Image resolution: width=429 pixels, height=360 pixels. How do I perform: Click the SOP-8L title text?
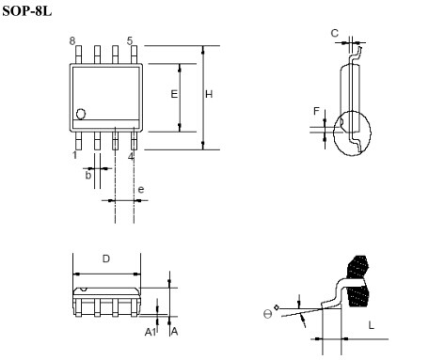point(27,11)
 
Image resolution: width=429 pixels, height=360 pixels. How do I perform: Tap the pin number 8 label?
point(72,41)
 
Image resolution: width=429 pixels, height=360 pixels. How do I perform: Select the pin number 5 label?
point(130,40)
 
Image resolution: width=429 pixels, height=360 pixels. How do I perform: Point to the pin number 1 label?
point(74,155)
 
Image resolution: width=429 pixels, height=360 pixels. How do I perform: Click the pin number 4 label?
point(131,156)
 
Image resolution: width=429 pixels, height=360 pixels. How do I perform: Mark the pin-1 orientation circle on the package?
point(81,114)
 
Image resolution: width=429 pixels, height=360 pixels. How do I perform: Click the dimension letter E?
point(174,94)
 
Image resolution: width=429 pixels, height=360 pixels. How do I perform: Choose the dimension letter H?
point(209,94)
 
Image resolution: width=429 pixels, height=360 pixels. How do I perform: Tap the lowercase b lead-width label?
point(88,175)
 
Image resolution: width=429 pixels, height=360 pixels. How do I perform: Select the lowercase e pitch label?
point(141,189)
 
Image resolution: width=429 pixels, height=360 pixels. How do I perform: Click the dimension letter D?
point(106,258)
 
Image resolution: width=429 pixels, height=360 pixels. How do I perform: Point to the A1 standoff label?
point(151,332)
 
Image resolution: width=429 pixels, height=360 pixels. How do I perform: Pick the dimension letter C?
point(335,33)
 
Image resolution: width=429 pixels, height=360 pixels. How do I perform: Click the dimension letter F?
point(316,111)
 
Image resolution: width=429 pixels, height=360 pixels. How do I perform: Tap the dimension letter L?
point(372,325)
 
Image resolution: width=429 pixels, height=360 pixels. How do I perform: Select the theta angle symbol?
point(267,314)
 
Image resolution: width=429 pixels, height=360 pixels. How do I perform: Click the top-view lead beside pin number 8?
point(78,55)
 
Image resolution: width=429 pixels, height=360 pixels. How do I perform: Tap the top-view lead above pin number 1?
point(78,140)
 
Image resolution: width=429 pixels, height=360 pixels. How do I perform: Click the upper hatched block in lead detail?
point(357,267)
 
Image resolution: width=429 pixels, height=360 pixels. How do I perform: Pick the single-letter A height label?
point(174,332)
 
